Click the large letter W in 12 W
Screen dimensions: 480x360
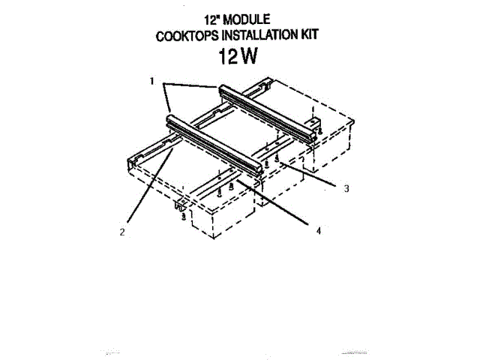coord(252,57)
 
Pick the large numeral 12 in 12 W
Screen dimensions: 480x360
coord(227,57)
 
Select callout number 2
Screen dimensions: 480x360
coord(122,232)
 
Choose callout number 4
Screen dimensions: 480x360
coord(318,231)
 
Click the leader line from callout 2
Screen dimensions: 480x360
coord(150,187)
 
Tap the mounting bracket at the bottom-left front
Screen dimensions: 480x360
coord(181,204)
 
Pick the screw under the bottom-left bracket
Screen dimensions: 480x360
coord(184,216)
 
